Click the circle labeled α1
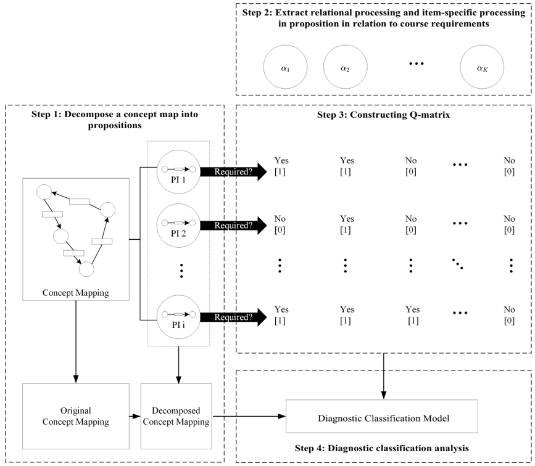(x=284, y=68)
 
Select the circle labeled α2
(x=345, y=68)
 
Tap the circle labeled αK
(x=481, y=68)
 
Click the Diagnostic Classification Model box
(x=382, y=417)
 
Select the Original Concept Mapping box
(x=75, y=417)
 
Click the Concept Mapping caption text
(x=75, y=293)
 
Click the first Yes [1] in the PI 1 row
(x=280, y=166)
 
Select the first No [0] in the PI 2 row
(x=280, y=224)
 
